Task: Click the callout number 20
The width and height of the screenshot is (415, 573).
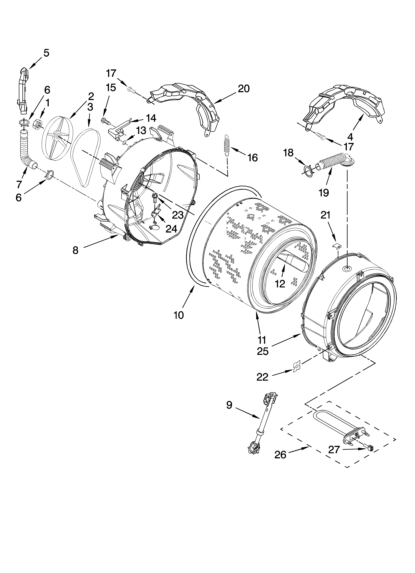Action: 244,89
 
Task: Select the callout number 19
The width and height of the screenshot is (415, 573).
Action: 324,192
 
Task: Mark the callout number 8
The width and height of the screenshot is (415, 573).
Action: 75,250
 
